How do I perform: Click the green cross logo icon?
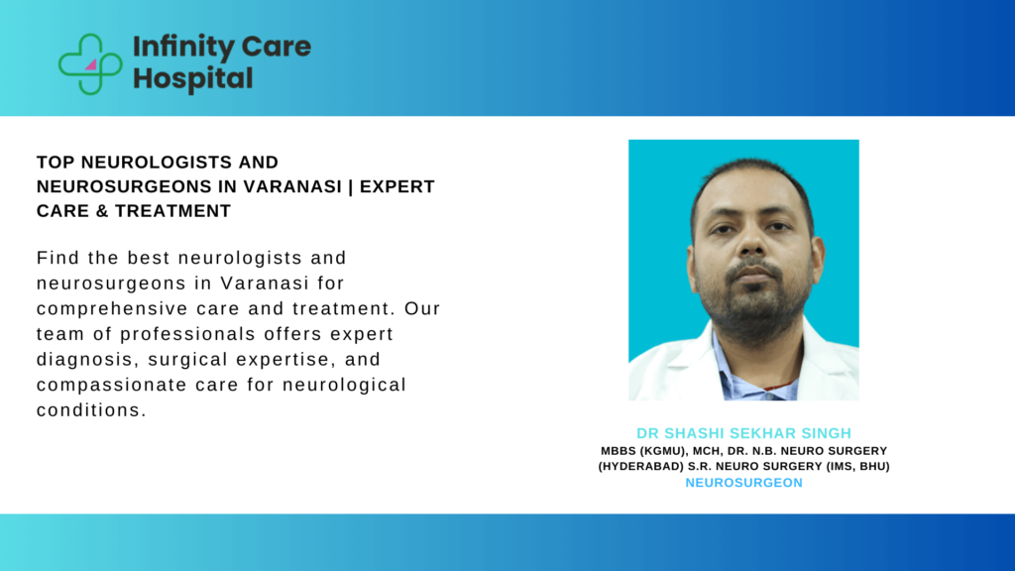(90, 63)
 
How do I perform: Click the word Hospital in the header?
(192, 78)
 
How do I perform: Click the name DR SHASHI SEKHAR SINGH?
(743, 433)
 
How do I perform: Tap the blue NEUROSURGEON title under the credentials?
(743, 483)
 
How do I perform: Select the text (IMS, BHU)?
(856, 466)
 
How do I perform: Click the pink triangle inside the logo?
(90, 64)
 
